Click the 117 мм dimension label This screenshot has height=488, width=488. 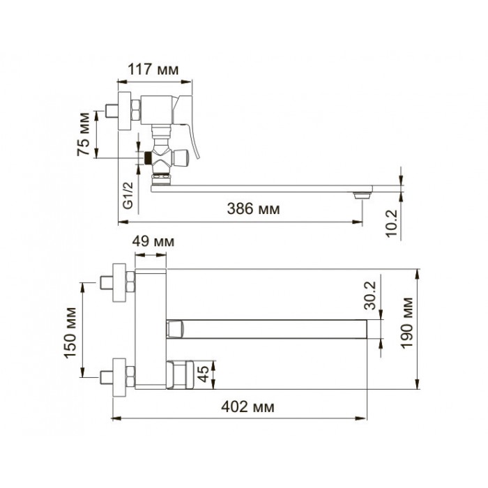click(153, 70)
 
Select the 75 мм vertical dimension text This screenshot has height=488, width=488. click(84, 134)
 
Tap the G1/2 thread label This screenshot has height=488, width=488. click(128, 195)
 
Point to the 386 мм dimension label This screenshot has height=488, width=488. click(253, 209)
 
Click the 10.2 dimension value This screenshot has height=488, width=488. click(392, 223)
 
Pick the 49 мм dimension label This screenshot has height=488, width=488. click(153, 241)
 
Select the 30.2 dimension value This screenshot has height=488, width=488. click(370, 296)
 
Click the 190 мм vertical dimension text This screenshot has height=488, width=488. click(406, 323)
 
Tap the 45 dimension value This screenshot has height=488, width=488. click(204, 374)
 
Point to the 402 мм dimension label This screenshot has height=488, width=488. click(248, 406)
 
